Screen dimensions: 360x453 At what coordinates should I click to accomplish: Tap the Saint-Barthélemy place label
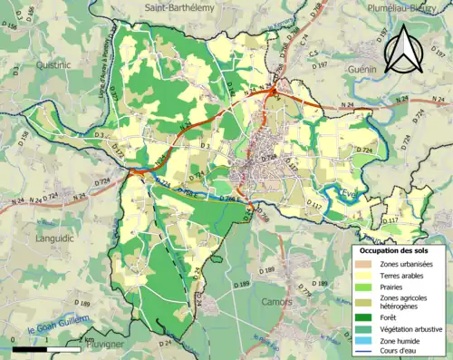point(182,7)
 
